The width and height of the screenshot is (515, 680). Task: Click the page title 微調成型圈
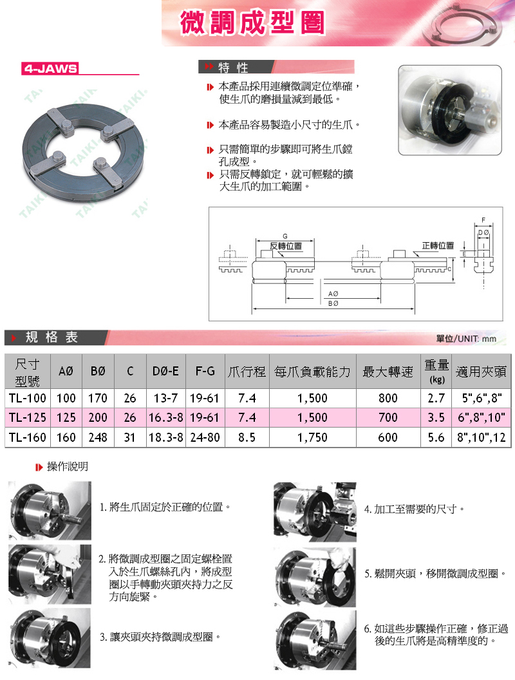(252, 23)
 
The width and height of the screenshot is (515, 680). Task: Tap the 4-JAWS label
(50, 68)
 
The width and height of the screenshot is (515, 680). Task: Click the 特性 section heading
(233, 68)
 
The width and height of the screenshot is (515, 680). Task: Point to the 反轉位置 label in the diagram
(286, 246)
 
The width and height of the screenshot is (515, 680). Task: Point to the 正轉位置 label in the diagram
(438, 246)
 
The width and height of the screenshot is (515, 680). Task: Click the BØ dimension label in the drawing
(333, 303)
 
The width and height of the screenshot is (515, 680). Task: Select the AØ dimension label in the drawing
(333, 293)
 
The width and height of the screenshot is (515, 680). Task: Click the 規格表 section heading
(51, 337)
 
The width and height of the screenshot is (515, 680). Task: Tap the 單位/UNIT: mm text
(466, 339)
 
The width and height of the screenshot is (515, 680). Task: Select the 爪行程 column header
(247, 372)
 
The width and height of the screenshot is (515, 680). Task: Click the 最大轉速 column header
(388, 372)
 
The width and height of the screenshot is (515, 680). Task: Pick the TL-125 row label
(27, 417)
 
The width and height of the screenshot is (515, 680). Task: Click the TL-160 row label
(27, 437)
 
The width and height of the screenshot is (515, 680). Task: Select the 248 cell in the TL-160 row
(98, 437)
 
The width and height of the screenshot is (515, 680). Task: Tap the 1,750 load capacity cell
(312, 437)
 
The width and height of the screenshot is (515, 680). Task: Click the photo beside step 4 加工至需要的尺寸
(315, 507)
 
